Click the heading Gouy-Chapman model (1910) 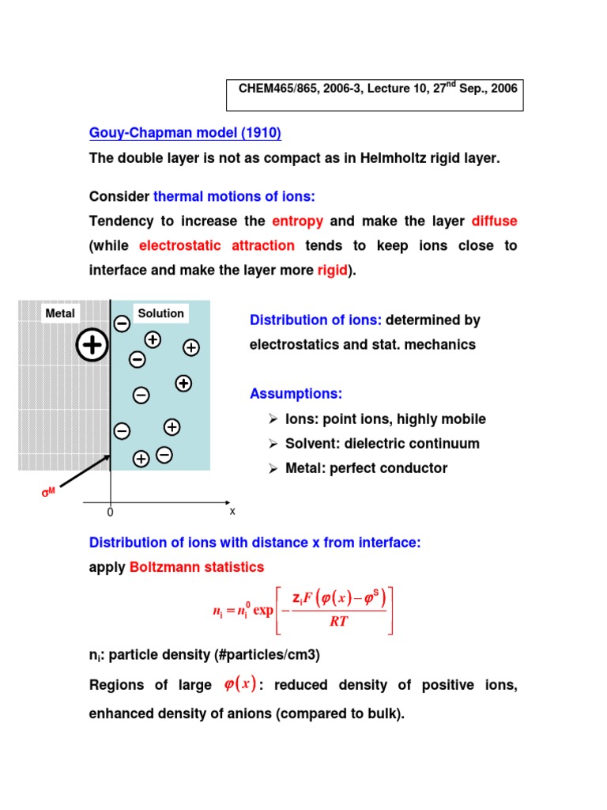[185, 133]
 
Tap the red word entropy [297, 221]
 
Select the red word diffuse [494, 221]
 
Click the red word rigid [332, 271]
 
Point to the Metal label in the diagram [60, 313]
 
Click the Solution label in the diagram [160, 313]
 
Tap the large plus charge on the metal [92, 345]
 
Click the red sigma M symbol [49, 493]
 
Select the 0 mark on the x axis [111, 513]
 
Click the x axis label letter [232, 511]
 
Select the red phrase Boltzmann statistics [197, 567]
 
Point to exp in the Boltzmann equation [263, 611]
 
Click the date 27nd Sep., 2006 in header [473, 89]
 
